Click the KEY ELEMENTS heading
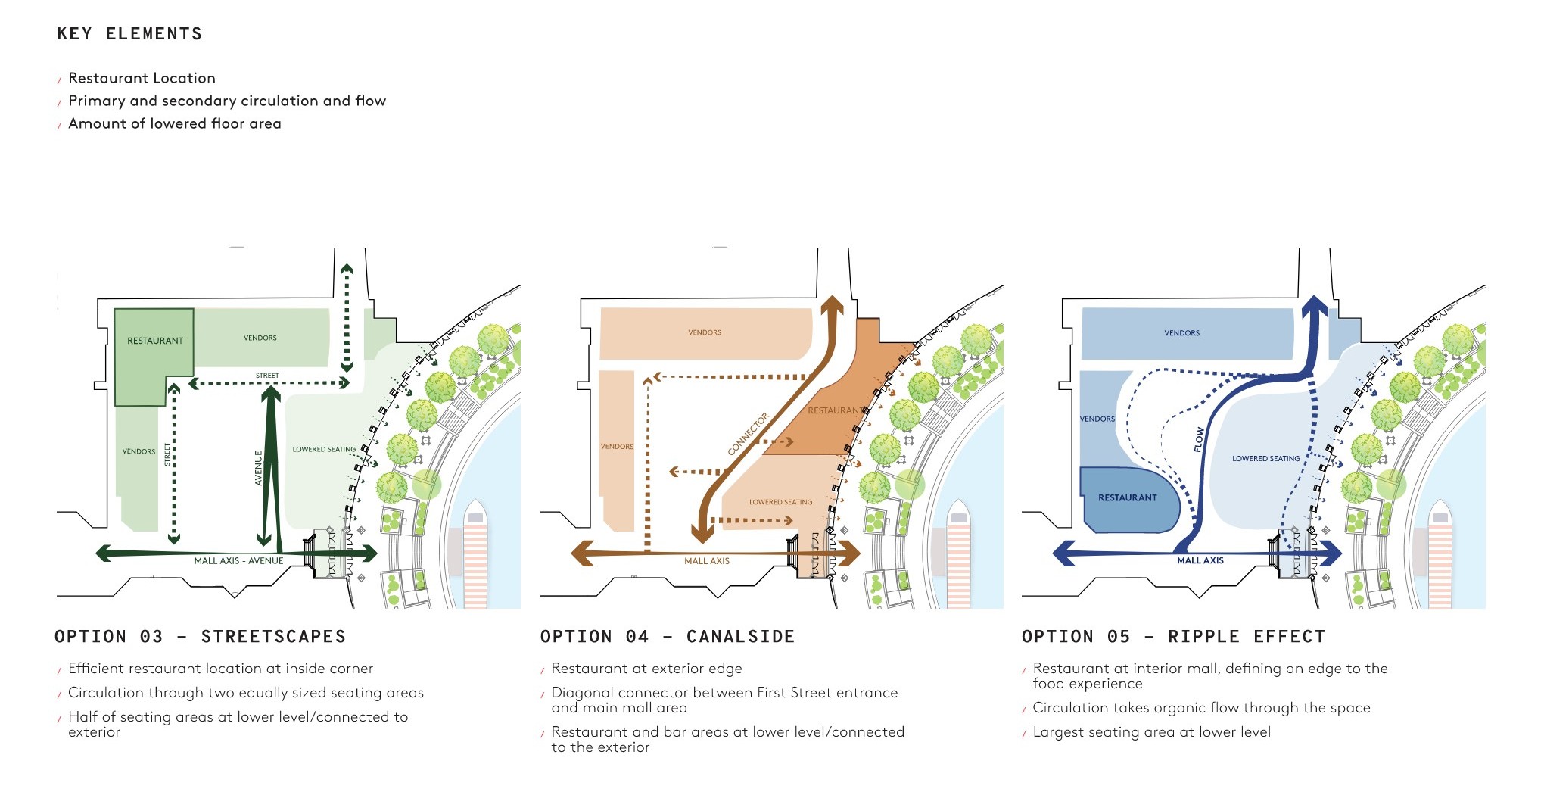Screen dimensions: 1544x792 click(x=129, y=34)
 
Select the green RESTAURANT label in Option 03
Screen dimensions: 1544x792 click(x=155, y=341)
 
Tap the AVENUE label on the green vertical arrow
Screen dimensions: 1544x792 click(x=258, y=468)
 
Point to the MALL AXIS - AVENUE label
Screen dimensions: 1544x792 click(x=238, y=561)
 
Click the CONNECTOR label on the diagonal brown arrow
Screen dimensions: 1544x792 click(x=749, y=434)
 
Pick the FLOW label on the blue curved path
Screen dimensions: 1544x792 click(x=1199, y=440)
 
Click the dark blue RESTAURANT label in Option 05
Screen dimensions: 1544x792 click(x=1128, y=497)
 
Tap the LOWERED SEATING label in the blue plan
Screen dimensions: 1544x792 click(x=1265, y=458)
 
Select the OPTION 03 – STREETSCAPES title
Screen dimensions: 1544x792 click(x=200, y=637)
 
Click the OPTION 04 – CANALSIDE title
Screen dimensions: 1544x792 click(x=668, y=637)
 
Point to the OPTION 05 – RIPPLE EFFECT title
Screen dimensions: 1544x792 click(x=1173, y=637)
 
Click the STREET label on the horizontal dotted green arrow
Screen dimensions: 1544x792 click(x=267, y=376)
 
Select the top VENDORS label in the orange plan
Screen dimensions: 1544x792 click(x=705, y=332)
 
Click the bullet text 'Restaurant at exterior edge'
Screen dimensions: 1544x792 click(x=646, y=669)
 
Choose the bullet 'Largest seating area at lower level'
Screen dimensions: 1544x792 click(x=1151, y=732)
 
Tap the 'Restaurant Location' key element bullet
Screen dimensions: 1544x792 click(x=142, y=78)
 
